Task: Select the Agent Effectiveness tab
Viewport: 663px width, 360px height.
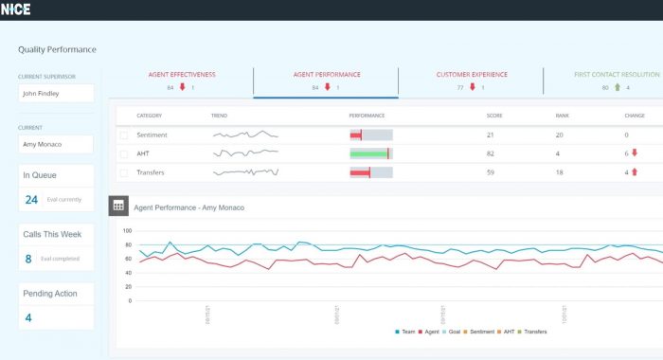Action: [181, 74]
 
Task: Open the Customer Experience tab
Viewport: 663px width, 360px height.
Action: [471, 74]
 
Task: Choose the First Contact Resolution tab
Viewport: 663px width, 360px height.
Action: [615, 74]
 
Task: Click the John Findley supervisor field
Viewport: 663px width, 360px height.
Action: [56, 94]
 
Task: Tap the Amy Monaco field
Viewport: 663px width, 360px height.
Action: [56, 144]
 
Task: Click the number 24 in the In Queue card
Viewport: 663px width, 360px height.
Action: [31, 200]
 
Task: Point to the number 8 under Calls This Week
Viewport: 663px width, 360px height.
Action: [28, 259]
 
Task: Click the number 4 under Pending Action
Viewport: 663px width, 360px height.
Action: [28, 317]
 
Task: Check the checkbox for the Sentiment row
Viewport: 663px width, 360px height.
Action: [123, 135]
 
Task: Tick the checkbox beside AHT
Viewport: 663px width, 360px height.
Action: [123, 153]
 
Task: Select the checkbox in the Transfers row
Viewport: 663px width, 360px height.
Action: [123, 172]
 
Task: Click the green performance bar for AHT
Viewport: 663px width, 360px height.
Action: [369, 153]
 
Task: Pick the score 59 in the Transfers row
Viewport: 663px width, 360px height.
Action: [491, 172]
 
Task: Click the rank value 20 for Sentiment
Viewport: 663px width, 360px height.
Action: [560, 135]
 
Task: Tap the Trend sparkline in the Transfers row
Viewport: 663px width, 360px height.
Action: [245, 172]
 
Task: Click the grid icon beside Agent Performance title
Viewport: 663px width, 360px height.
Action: [118, 206]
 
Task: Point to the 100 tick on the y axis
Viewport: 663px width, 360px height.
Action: [127, 230]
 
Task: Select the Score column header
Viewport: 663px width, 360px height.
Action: [493, 116]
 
